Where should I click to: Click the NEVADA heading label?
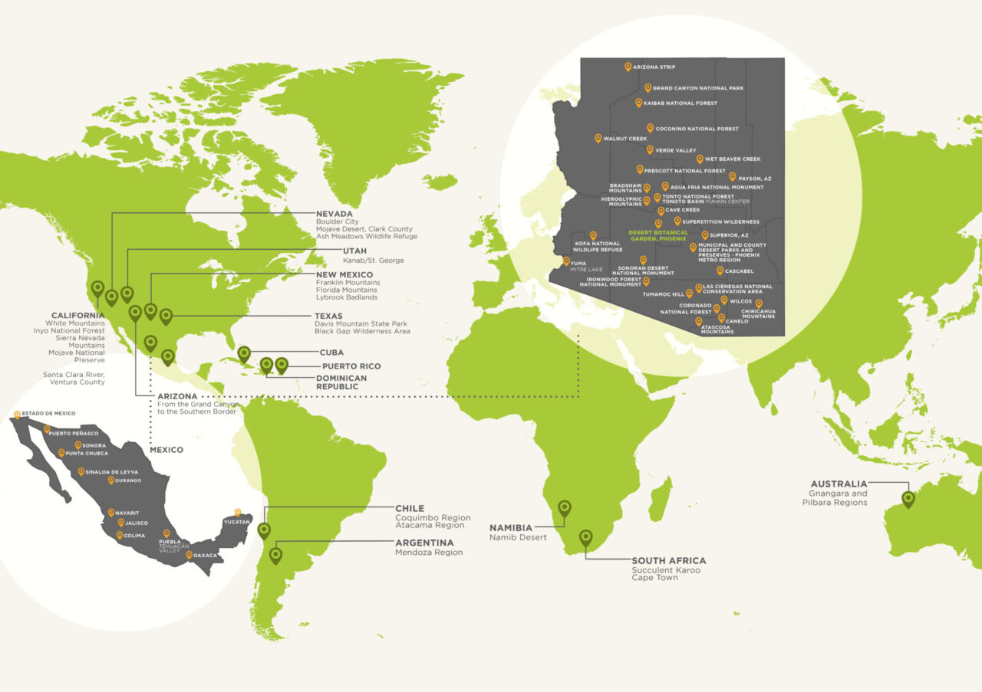click(334, 214)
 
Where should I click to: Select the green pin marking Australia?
click(908, 500)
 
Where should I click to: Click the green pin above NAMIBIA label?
click(565, 508)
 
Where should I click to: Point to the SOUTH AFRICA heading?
click(668, 561)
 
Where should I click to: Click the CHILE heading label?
click(409, 508)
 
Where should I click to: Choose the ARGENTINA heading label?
click(423, 543)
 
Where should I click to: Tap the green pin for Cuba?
click(244, 353)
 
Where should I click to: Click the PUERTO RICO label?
click(351, 366)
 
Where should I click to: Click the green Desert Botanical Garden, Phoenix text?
click(657, 235)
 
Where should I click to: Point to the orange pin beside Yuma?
click(566, 261)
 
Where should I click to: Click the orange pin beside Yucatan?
click(238, 512)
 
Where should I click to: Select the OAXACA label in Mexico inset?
click(206, 556)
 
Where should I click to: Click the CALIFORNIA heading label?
click(77, 316)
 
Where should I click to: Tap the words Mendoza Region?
click(429, 553)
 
